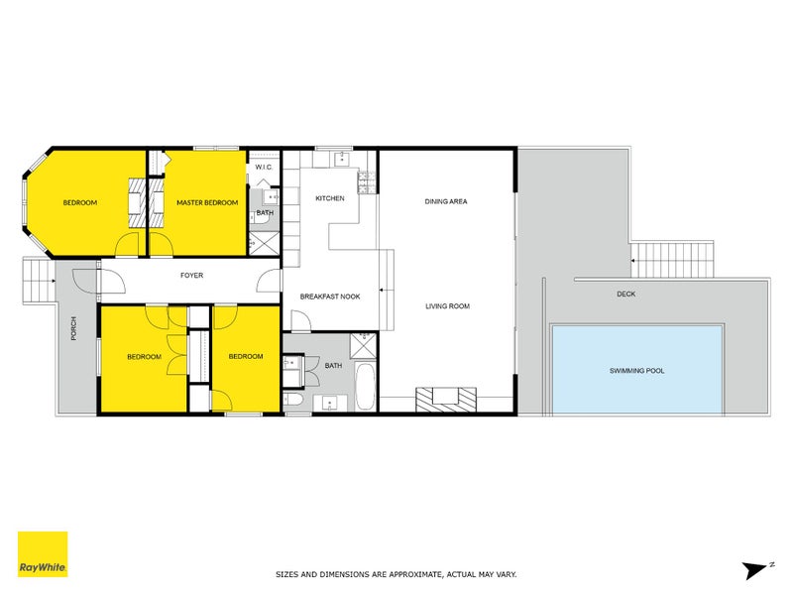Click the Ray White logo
click(x=43, y=554)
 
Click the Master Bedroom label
click(x=207, y=203)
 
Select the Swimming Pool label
click(x=636, y=371)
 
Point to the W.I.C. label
click(x=264, y=167)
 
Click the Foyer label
click(x=191, y=276)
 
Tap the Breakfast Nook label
click(x=330, y=297)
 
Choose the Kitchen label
click(x=330, y=198)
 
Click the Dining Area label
click(x=446, y=201)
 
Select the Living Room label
click(x=448, y=306)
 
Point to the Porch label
click(x=73, y=328)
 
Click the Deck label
click(x=626, y=294)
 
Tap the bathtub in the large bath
click(x=365, y=386)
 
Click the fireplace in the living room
click(x=446, y=400)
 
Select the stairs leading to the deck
click(x=672, y=260)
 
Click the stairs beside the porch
click(x=39, y=281)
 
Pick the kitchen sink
click(x=342, y=159)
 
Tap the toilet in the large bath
click(x=292, y=401)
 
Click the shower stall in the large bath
click(x=363, y=345)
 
